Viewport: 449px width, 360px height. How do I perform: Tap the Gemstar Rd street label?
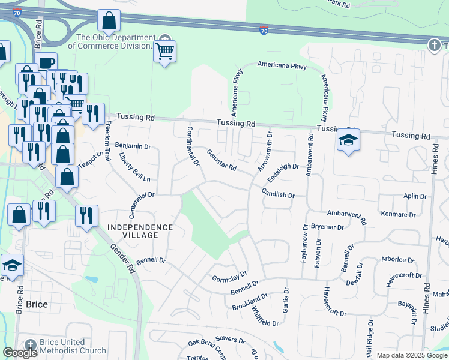click(221, 160)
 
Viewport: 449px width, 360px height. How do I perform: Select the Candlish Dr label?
click(278, 193)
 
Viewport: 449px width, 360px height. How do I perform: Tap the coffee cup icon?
click(46, 62)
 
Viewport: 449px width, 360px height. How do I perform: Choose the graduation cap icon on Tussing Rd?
click(348, 141)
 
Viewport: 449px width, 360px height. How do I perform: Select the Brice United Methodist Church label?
click(72, 346)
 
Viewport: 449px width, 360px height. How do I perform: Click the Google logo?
click(20, 353)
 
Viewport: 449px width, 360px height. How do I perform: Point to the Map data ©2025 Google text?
click(411, 355)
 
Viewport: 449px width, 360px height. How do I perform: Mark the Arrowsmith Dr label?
click(265, 152)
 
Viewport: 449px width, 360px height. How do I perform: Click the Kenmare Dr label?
click(398, 214)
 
